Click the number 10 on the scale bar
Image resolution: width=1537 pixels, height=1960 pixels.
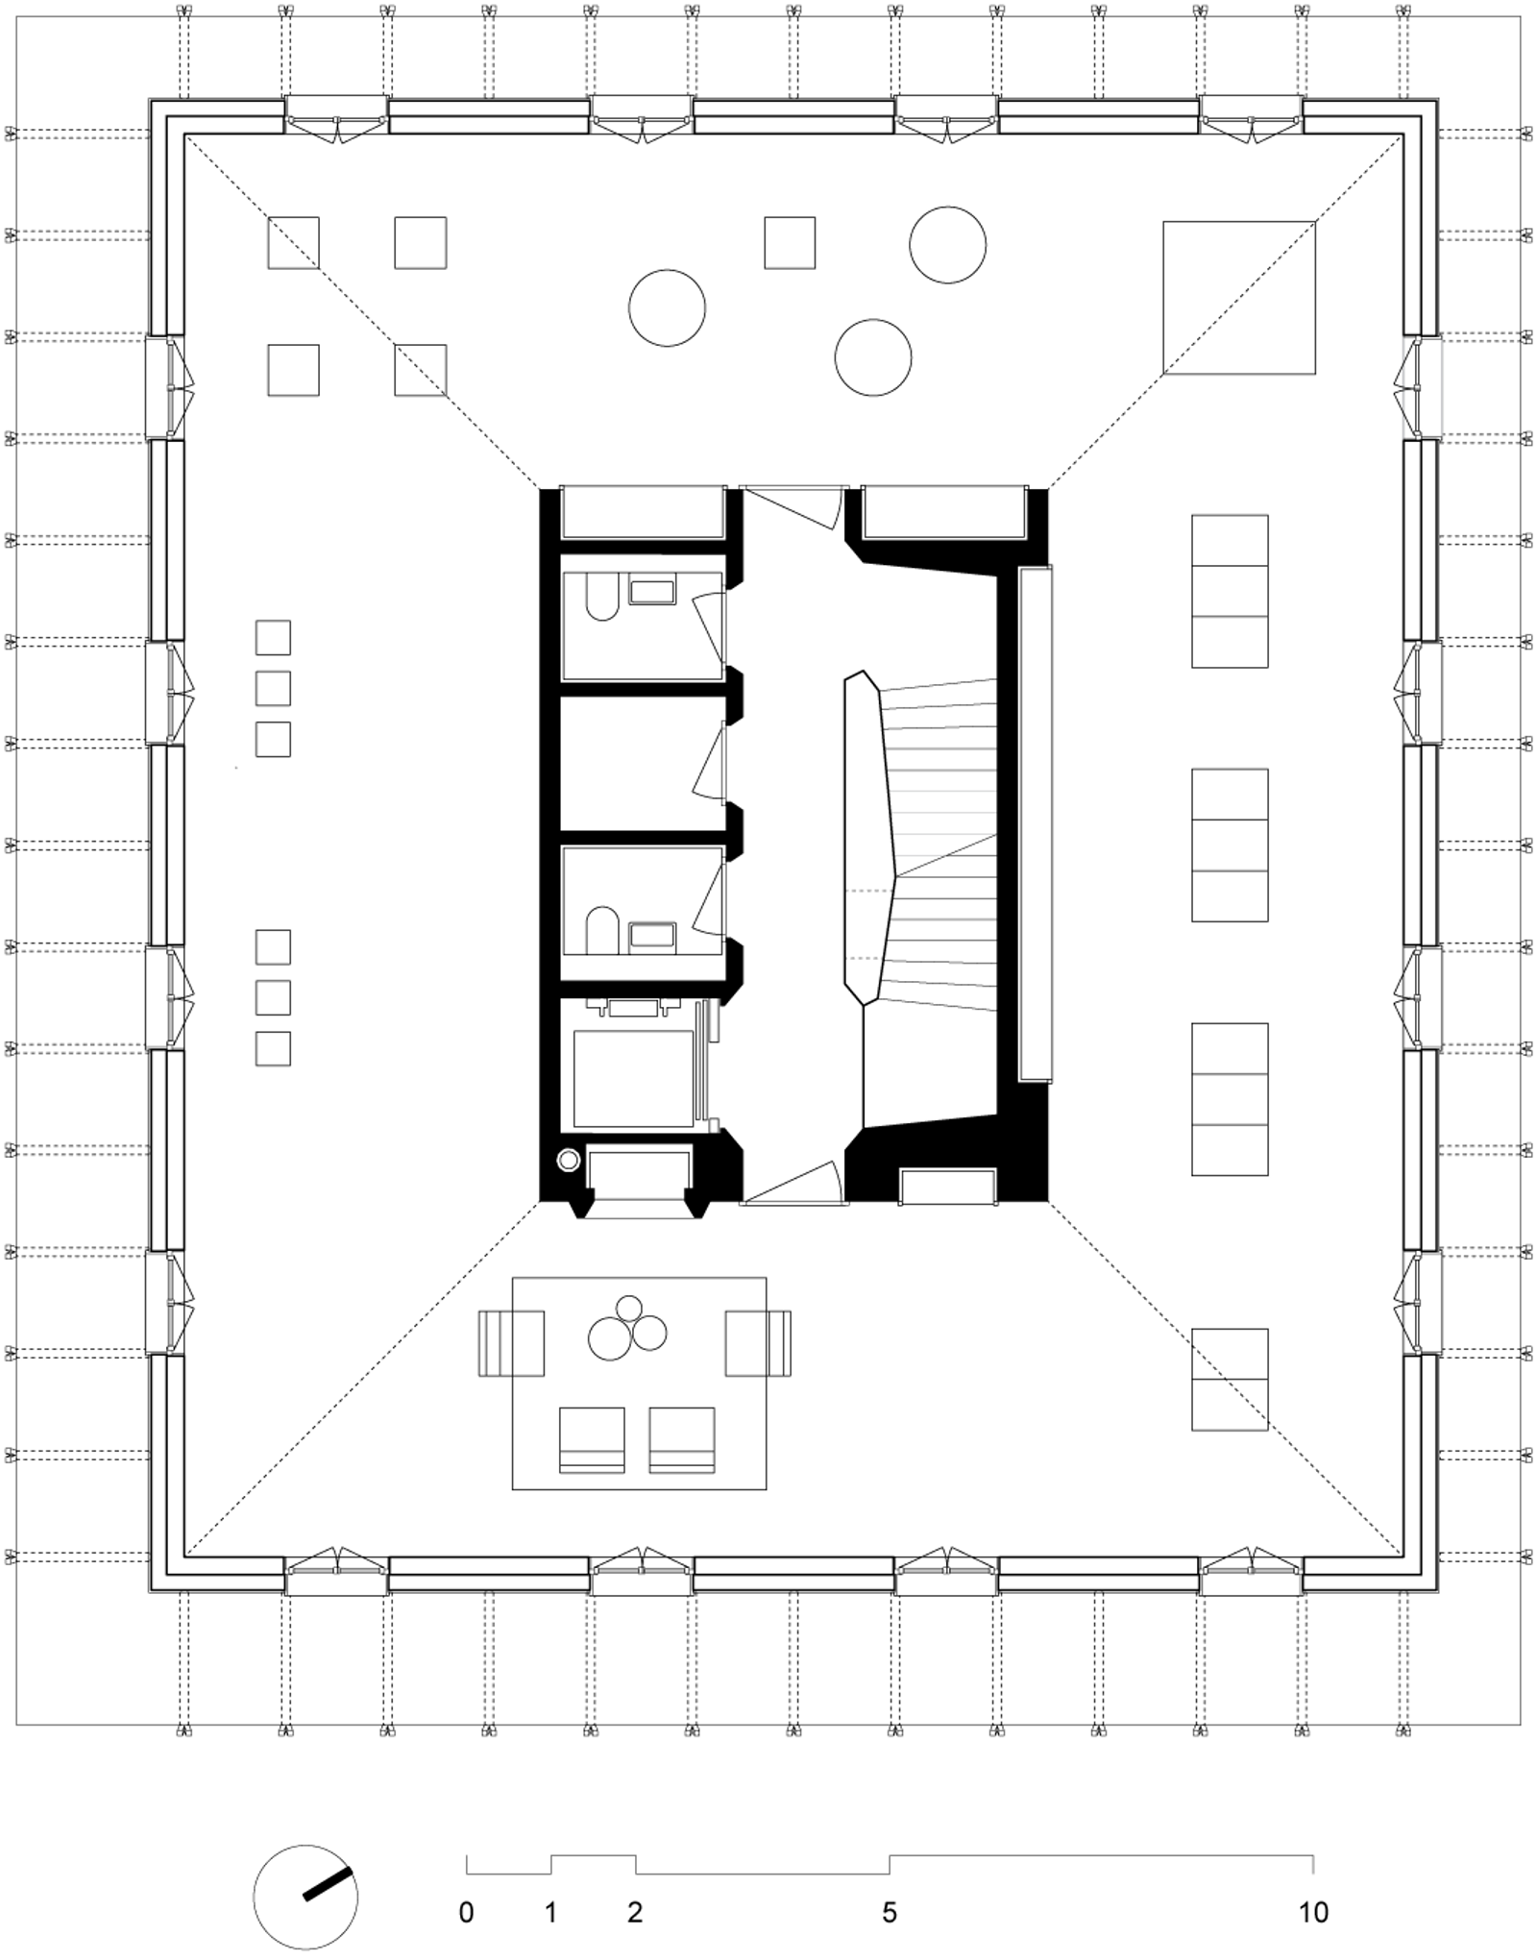(x=1312, y=1912)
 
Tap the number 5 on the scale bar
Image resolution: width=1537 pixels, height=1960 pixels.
(x=890, y=1912)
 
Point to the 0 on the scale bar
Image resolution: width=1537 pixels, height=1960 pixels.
(x=466, y=1912)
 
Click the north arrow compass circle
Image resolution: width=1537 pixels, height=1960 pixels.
(x=305, y=1898)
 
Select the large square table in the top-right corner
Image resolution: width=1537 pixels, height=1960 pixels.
(x=1238, y=297)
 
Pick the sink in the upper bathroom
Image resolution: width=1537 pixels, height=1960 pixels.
(x=652, y=588)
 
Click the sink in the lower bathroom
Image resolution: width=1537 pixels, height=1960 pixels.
(x=652, y=937)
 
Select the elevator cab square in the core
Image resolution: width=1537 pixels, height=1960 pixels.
(x=633, y=1078)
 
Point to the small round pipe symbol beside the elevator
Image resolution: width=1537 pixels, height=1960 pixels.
(x=568, y=1161)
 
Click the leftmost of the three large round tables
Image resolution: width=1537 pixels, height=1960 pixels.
(x=667, y=307)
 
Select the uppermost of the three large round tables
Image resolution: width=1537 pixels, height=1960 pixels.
(x=947, y=244)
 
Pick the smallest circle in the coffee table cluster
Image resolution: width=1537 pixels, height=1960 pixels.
(x=629, y=1309)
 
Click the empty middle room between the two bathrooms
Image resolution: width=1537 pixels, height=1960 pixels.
(x=641, y=762)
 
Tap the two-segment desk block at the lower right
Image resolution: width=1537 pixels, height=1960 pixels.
(x=1230, y=1380)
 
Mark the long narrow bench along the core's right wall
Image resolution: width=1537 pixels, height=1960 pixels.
(x=1035, y=823)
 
